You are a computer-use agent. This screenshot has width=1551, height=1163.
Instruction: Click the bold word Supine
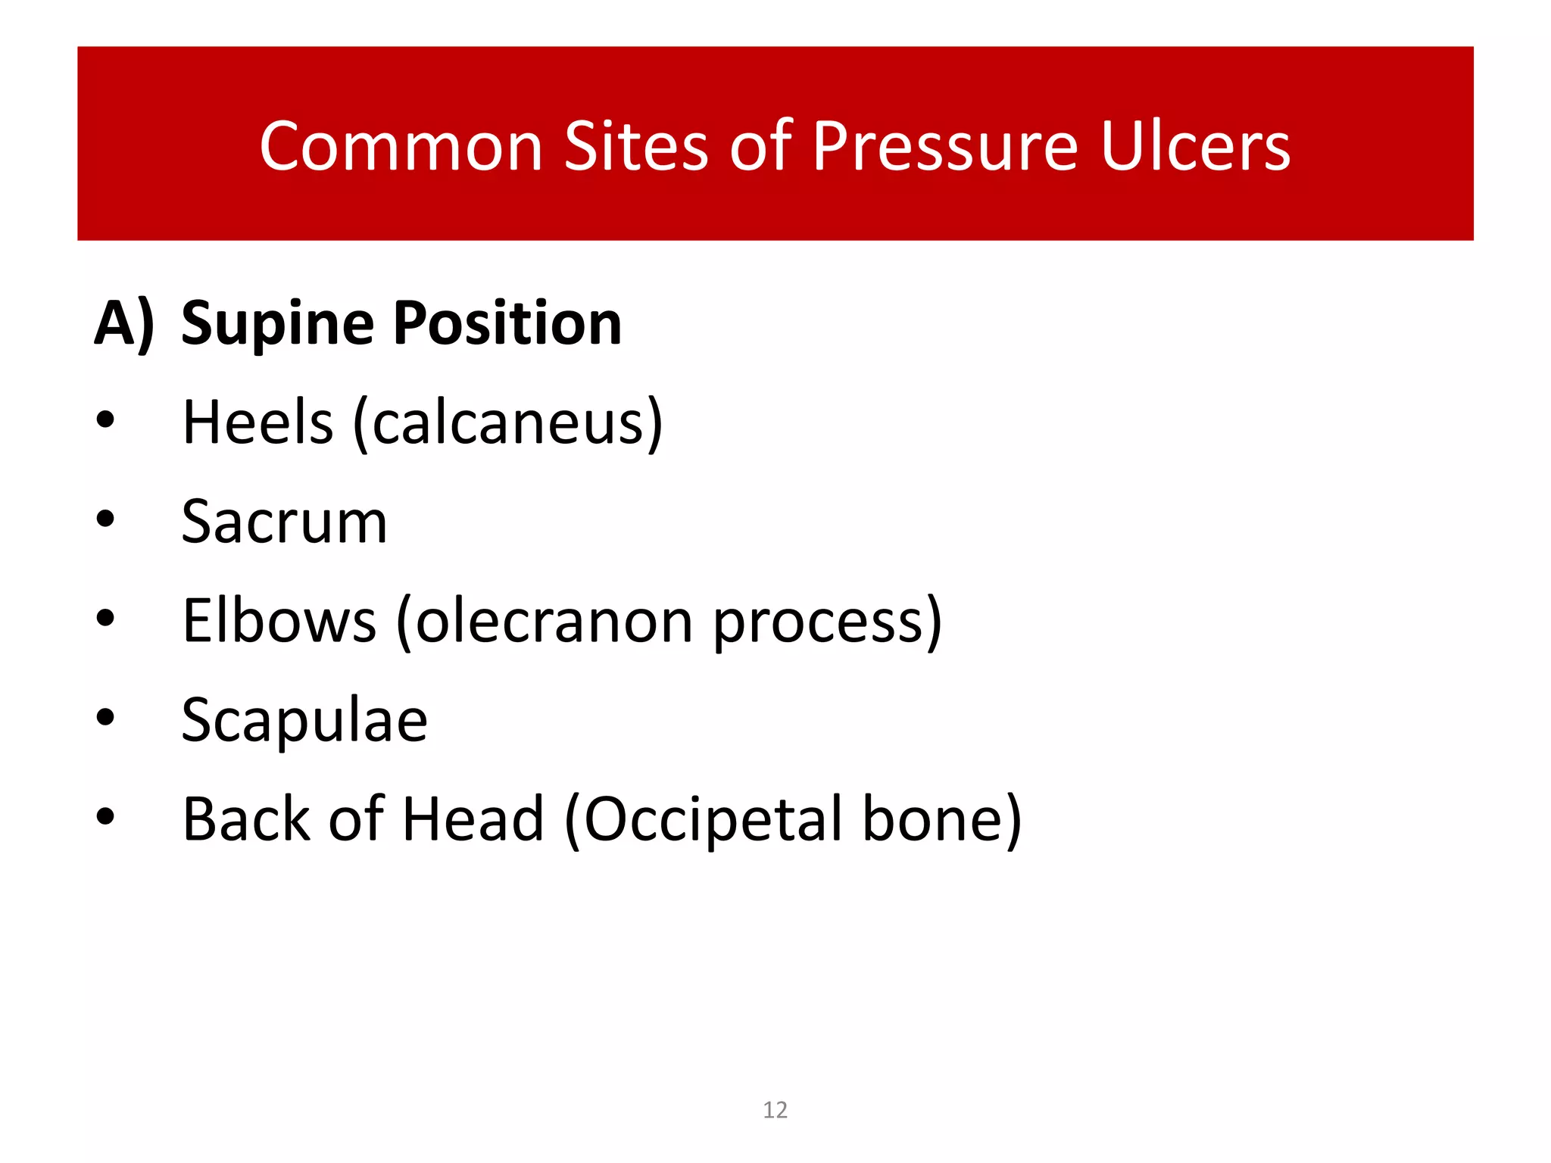point(278,324)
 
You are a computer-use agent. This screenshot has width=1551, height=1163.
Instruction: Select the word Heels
point(257,422)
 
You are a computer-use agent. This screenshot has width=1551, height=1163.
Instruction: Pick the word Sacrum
point(284,522)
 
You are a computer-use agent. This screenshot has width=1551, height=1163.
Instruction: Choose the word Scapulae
point(304,720)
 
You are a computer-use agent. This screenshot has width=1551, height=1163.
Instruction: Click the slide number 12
point(775,1109)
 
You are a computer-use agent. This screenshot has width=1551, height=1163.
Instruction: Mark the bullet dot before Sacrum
point(105,519)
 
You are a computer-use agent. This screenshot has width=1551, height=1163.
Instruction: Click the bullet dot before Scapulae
point(105,717)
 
